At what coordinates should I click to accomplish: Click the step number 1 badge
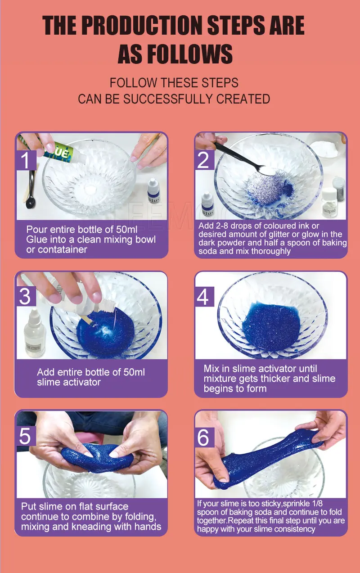(27, 159)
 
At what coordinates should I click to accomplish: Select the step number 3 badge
(25, 296)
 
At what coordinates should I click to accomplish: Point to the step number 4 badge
(204, 297)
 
